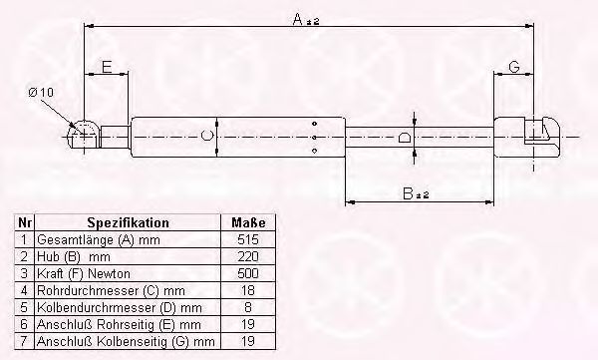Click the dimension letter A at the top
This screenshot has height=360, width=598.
click(299, 19)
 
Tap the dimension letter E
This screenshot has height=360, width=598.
click(107, 67)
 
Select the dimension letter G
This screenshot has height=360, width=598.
click(514, 67)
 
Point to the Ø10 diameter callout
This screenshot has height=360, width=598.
click(41, 92)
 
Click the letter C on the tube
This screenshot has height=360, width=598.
click(206, 136)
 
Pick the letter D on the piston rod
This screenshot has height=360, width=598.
click(405, 137)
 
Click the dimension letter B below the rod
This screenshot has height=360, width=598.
click(408, 193)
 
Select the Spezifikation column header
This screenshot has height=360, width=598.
click(128, 222)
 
